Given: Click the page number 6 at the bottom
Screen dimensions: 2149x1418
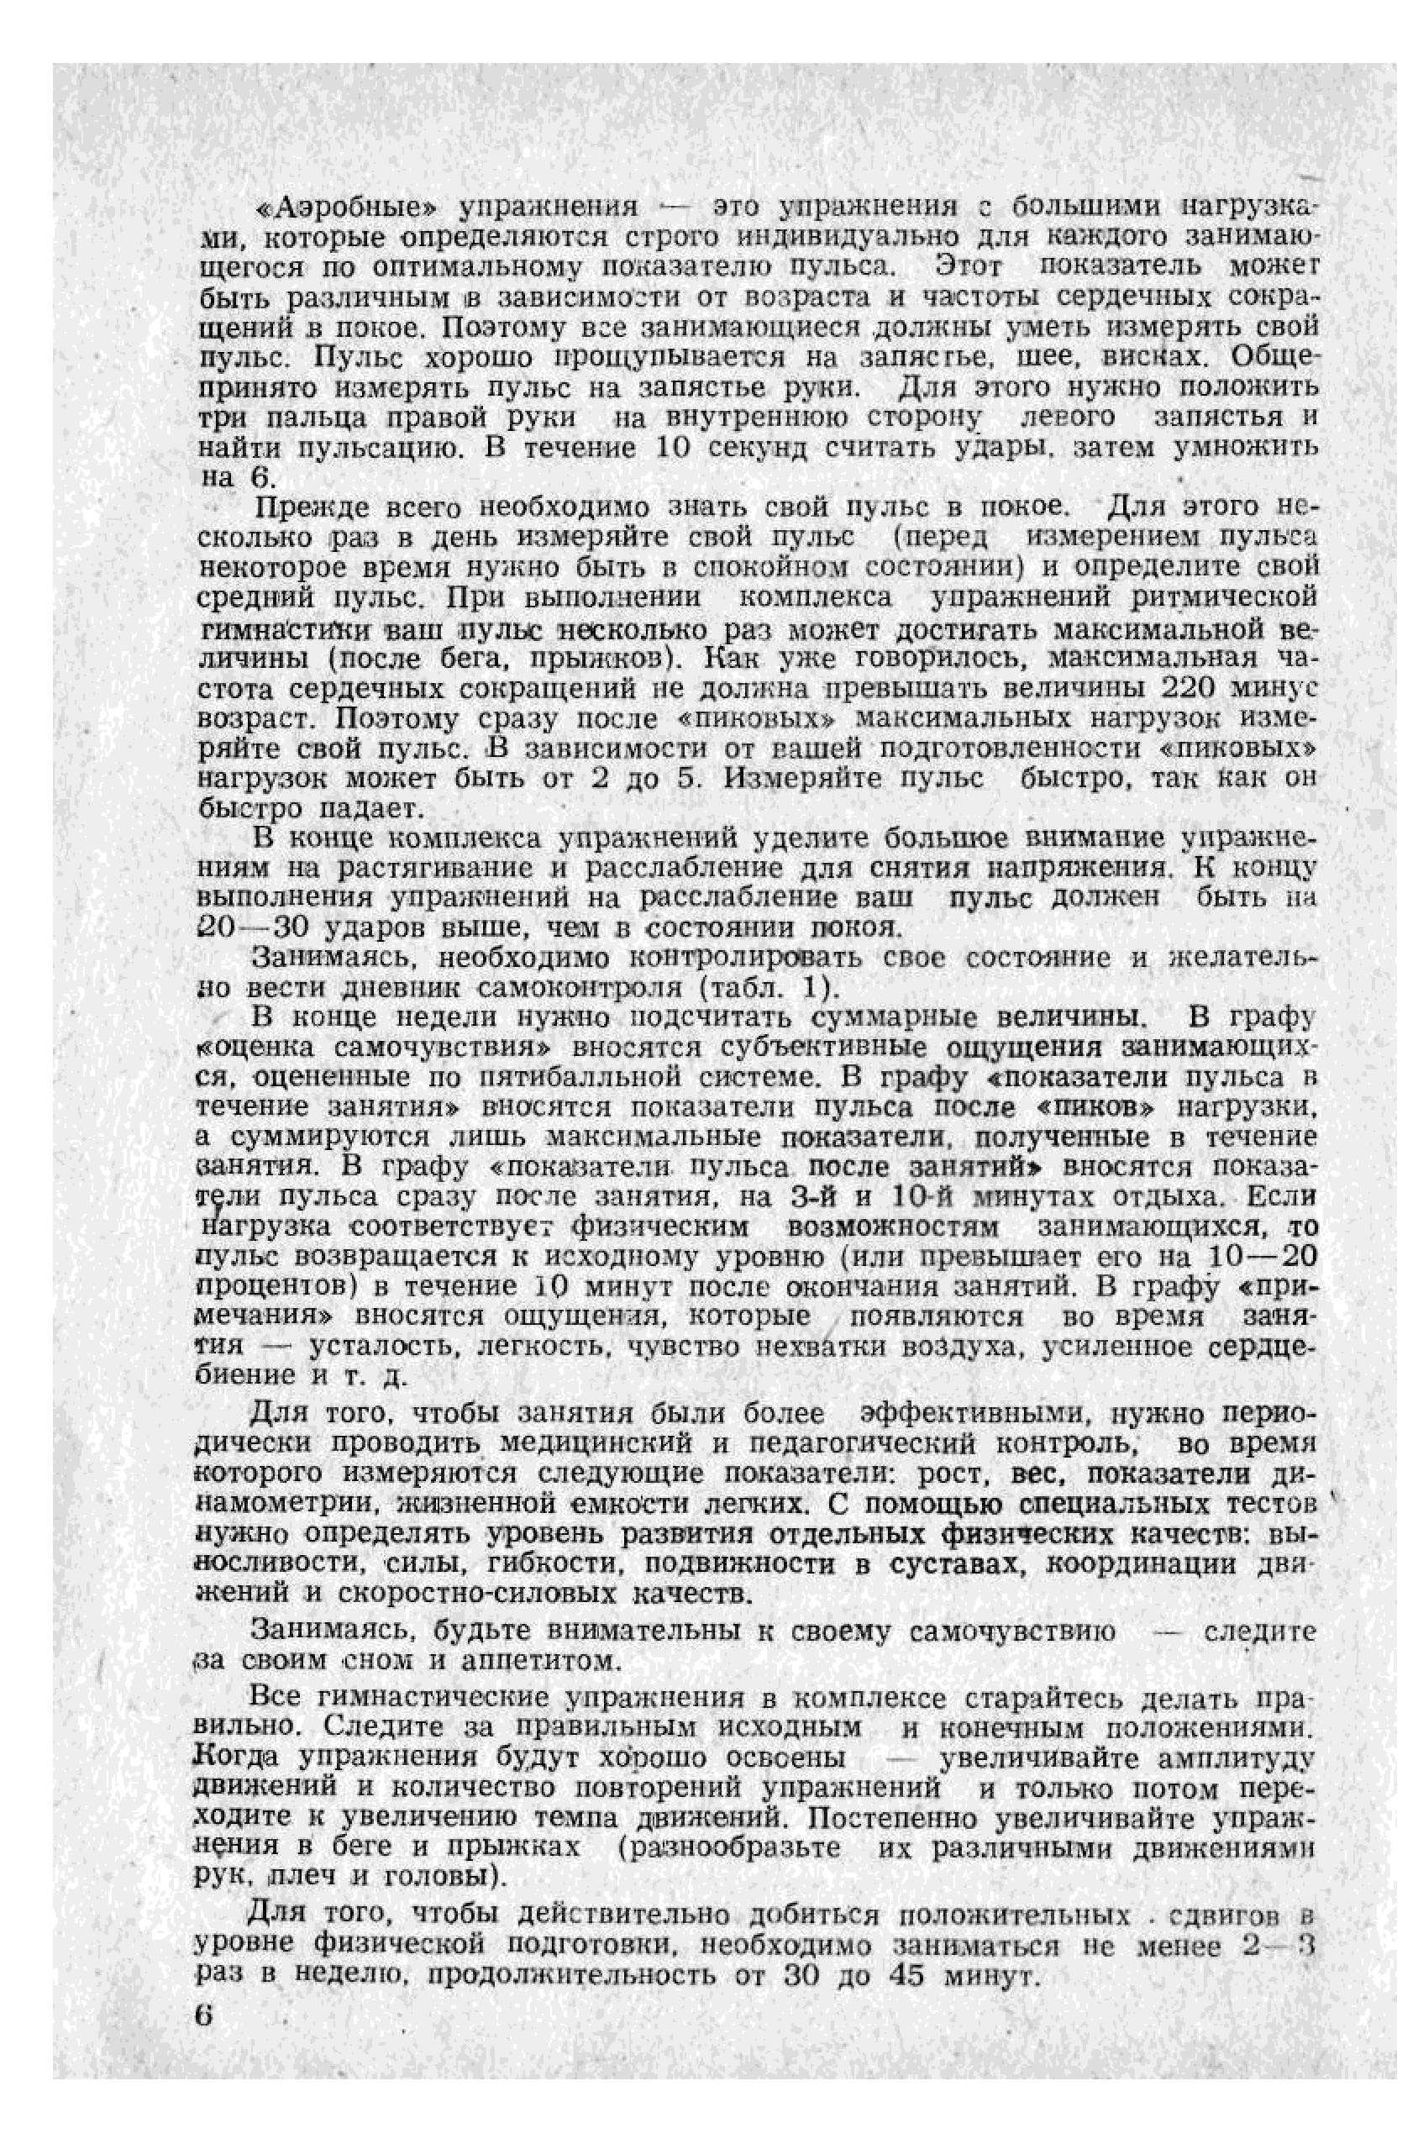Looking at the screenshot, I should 204,2017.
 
